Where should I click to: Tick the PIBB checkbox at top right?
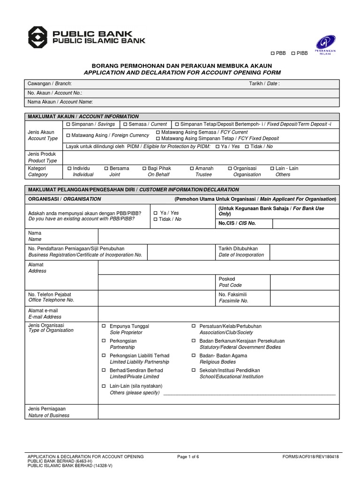coord(293,53)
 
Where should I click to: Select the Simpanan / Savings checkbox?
coord(68,124)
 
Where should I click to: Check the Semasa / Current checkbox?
coord(125,124)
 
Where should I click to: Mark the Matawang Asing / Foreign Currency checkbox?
coord(68,135)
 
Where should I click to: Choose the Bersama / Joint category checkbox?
coord(106,168)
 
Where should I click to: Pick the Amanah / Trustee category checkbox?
coord(192,168)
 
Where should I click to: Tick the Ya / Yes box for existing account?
coord(156,213)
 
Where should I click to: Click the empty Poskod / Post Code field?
coord(305,282)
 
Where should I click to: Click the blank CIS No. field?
coord(305,223)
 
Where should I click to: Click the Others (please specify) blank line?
coord(248,393)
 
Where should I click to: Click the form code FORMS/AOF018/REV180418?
coord(310,457)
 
